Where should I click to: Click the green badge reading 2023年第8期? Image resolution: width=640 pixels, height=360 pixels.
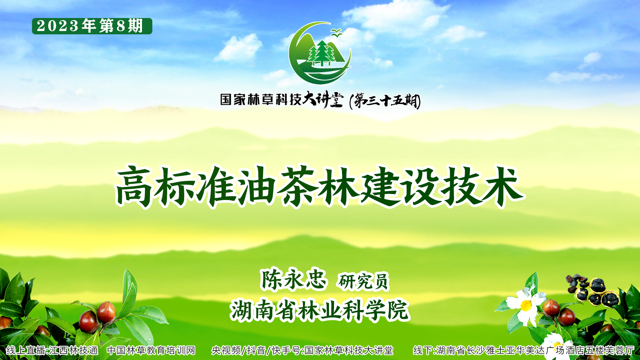pos(92,26)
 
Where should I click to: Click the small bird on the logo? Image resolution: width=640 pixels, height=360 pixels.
pos(336,32)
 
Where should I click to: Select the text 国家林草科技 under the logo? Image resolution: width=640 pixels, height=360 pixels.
pos(261,99)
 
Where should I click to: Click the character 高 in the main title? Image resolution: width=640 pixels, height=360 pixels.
pos(134,187)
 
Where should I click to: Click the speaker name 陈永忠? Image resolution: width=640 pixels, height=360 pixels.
pos(293,279)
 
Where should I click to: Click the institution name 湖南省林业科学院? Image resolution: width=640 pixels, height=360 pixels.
pos(320,310)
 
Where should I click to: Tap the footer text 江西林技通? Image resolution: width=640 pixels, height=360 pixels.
pos(73,350)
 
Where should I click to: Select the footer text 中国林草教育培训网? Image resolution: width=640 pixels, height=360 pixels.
pos(151,350)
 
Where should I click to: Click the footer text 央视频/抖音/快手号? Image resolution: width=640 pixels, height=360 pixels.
pos(256,350)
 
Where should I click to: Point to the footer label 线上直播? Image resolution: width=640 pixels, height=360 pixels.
pos(26,350)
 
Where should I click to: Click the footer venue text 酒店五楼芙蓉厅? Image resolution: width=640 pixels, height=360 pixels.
pos(600,350)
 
